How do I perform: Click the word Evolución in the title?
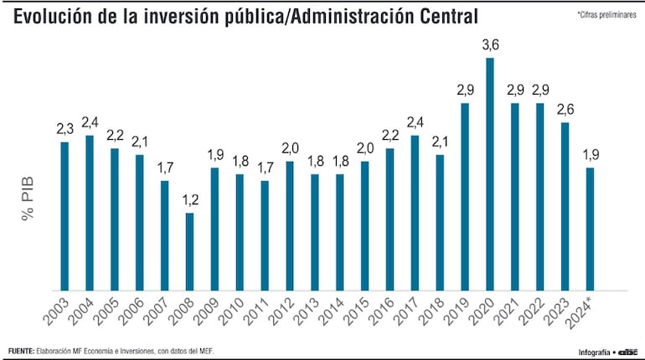click(53, 16)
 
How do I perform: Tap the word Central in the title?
click(446, 16)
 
